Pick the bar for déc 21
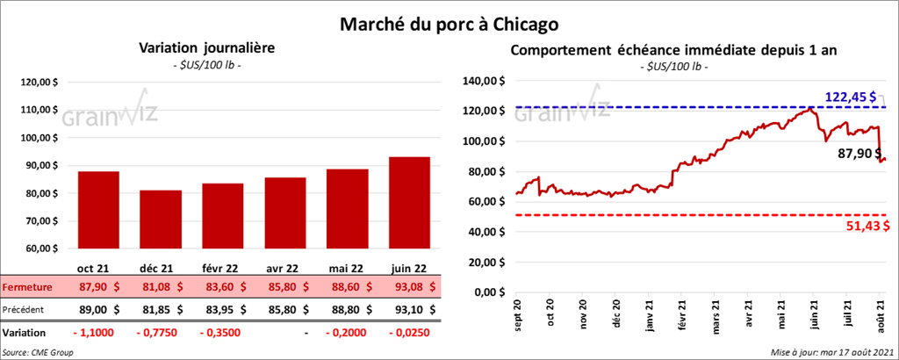pyautogui.click(x=161, y=220)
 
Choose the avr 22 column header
pyautogui.click(x=285, y=268)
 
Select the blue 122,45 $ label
pyautogui.click(x=851, y=96)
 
